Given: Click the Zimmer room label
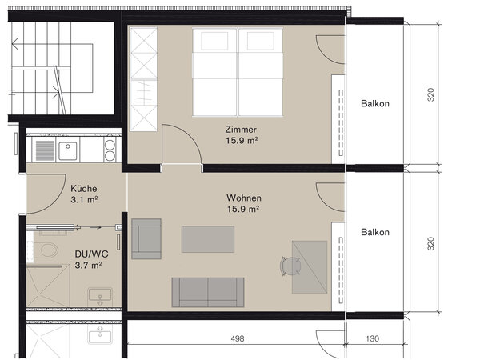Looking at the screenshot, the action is coord(241,130).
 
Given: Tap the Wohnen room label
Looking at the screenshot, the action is coord(244,198).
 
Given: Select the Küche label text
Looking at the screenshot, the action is coord(83,189).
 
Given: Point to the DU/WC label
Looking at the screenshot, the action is coord(91,254).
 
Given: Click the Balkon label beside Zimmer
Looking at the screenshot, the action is coord(375,103).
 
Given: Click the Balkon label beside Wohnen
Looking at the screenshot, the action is coord(375,232).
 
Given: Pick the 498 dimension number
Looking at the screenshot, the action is coord(238,338).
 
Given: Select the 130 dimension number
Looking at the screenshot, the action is coord(373,338).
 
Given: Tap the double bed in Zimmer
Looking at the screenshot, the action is coord(238,72).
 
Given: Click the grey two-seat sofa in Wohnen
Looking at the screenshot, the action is coord(208,292).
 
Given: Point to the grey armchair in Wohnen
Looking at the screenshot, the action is coord(146,238).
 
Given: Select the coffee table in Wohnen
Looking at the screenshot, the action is coord(208,239).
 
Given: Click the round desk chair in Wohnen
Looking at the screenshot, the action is coord(290,266).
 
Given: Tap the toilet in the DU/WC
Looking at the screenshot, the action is coord(49,250).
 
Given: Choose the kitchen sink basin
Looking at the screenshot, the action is coord(68,151).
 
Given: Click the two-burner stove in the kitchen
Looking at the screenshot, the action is coord(110,150).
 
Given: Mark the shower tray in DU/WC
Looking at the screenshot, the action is coord(48,286).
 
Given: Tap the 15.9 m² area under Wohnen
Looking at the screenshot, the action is coord(243,210).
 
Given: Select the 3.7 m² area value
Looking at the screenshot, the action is coord(88,265).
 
